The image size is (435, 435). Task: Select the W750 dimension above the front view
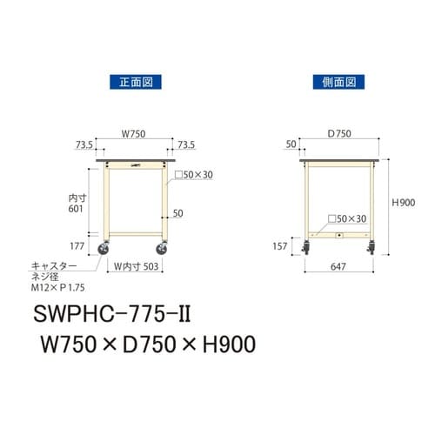[x=132, y=134]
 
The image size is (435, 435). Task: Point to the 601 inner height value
[x=76, y=209]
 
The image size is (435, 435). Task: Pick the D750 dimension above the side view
[x=339, y=134]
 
